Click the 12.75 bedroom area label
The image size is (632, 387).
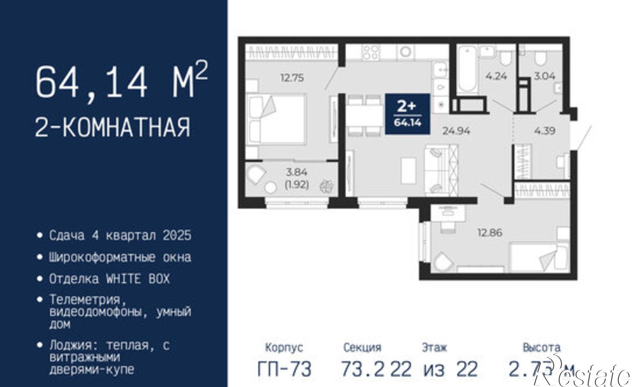[x=292, y=78]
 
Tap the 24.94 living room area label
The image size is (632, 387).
[x=456, y=131]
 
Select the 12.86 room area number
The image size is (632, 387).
[x=489, y=233]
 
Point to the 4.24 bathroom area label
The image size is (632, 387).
[x=496, y=76]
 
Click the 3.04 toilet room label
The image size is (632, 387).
[x=544, y=76]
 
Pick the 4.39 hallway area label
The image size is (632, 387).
[x=545, y=131]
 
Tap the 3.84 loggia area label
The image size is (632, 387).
[x=297, y=172]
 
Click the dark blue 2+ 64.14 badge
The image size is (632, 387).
[x=407, y=114]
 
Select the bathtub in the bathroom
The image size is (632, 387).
[x=466, y=70]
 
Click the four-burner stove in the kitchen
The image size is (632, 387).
[x=371, y=52]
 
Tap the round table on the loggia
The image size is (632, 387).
[x=270, y=188]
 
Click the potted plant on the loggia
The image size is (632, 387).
[x=326, y=186]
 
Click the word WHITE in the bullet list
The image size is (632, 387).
[x=123, y=279]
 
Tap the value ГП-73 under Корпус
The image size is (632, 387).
[x=284, y=369]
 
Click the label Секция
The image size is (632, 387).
[x=362, y=348]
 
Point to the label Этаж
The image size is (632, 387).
[x=434, y=348]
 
